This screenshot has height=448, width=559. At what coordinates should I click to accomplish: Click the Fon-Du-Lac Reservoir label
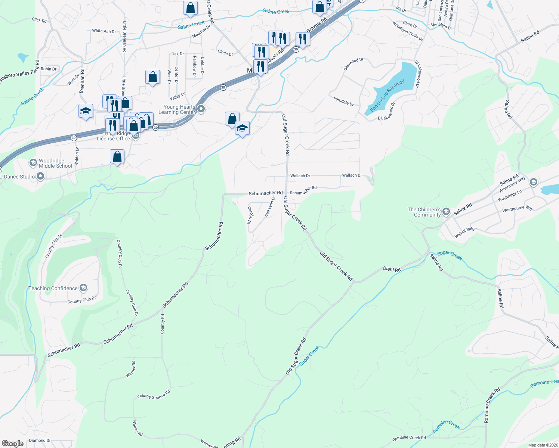pyautogui.click(x=387, y=96)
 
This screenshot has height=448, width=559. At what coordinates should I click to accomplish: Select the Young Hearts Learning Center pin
pyautogui.click(x=201, y=109)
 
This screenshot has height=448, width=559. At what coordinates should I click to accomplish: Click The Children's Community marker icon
pyautogui.click(x=446, y=212)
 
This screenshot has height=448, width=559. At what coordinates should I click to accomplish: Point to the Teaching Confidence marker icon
pyautogui.click(x=83, y=288)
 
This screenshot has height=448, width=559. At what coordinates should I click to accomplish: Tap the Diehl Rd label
pyautogui.click(x=392, y=269)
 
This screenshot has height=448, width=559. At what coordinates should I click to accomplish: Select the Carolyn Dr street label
pyautogui.click(x=250, y=215)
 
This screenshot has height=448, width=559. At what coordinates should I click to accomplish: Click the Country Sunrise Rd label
pyautogui.click(x=154, y=395)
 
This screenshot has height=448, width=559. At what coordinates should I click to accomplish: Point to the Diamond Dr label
pyautogui.click(x=40, y=441)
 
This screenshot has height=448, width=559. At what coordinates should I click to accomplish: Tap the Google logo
pyautogui.click(x=12, y=444)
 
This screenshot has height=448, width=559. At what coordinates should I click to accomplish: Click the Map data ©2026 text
pyautogui.click(x=543, y=445)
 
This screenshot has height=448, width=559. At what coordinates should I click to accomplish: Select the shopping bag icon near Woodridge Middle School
pyautogui.click(x=117, y=157)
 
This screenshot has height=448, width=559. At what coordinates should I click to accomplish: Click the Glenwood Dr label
pyautogui.click(x=353, y=64)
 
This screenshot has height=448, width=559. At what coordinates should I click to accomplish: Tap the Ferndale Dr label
pyautogui.click(x=344, y=101)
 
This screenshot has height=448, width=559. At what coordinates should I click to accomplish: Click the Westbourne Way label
pyautogui.click(x=518, y=209)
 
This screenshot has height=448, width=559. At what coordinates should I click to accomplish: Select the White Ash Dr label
pyautogui.click(x=104, y=31)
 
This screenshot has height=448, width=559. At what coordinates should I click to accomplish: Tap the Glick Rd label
pyautogui.click(x=39, y=20)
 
